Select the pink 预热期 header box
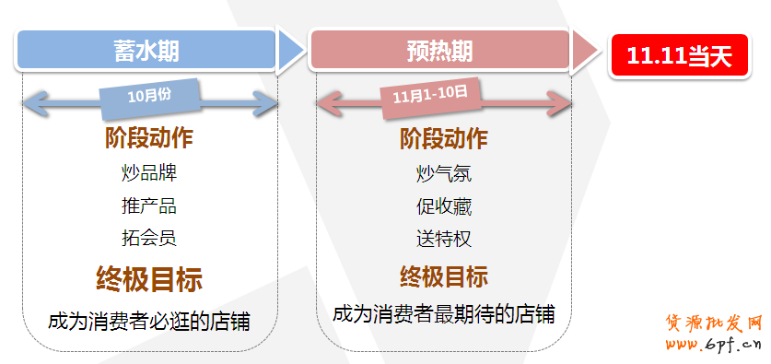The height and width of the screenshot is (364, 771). [439, 51]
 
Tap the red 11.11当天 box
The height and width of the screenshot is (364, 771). [679, 55]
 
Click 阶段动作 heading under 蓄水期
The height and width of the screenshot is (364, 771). [149, 139]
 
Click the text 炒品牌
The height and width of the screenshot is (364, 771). [149, 172]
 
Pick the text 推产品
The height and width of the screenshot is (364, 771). [149, 205]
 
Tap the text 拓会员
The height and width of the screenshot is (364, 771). [149, 238]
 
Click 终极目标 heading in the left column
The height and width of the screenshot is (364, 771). [149, 278]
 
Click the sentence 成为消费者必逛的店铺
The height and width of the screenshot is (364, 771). [149, 322]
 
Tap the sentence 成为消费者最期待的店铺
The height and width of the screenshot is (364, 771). [443, 313]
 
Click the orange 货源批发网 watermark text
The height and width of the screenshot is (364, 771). [713, 323]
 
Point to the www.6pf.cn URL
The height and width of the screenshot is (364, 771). [713, 346]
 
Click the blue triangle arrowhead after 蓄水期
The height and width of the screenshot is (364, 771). [290, 51]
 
